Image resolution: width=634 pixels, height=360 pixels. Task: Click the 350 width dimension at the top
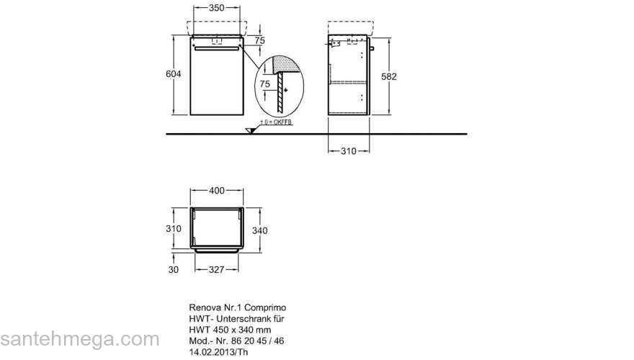tap(216, 7)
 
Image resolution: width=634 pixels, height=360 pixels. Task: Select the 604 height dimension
tap(174, 74)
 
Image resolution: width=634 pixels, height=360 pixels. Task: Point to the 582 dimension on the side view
tap(389, 76)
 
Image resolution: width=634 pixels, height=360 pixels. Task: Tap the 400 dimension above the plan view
tap(217, 190)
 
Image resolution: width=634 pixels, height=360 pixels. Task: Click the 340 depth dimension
tap(259, 230)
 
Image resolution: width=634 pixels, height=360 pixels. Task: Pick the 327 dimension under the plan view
tap(216, 269)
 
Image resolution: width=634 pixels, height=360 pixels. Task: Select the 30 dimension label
tap(173, 269)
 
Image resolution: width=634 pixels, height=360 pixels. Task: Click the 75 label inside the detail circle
tap(265, 84)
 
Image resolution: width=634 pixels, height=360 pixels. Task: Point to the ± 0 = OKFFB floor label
tap(276, 122)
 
